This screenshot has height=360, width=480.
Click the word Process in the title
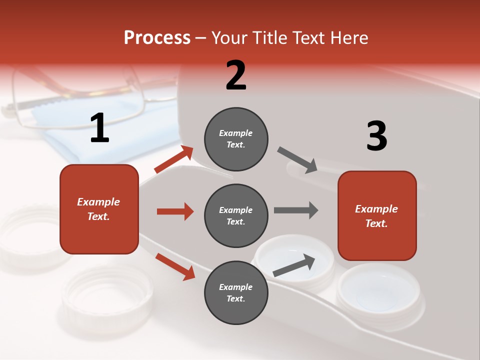tap(157, 37)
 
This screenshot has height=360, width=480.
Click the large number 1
tap(99, 128)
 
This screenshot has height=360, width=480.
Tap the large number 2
tap(236, 75)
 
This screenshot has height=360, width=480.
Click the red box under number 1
tap(99, 209)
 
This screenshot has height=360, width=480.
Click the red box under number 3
tap(377, 216)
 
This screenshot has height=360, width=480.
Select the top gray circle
tap(236, 139)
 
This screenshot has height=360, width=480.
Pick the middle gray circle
tap(236, 215)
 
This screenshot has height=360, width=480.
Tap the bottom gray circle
tap(236, 292)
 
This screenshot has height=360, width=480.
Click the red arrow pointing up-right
tap(174, 159)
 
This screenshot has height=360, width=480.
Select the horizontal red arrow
tap(175, 211)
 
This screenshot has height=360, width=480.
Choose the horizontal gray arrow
tap(295, 210)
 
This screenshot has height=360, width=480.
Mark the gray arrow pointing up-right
tap(294, 265)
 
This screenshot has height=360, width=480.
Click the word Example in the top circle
tap(236, 133)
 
